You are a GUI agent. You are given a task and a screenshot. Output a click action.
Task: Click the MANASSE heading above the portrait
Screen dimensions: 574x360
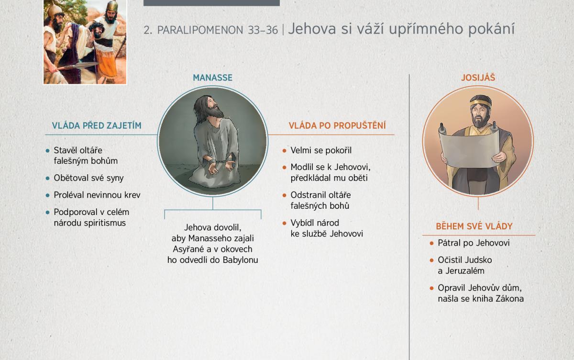tap(212, 78)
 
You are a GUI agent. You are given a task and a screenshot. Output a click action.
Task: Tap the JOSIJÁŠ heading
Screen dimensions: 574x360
tap(478, 78)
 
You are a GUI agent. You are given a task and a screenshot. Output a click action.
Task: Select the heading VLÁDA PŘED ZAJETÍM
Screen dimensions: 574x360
tap(97, 125)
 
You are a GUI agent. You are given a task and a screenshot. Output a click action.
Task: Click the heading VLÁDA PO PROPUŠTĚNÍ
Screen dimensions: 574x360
tap(337, 125)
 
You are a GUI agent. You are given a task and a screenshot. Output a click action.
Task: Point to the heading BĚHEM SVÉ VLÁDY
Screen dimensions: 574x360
tap(474, 226)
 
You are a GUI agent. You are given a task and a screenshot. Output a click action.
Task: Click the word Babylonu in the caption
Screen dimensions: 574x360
tap(240, 260)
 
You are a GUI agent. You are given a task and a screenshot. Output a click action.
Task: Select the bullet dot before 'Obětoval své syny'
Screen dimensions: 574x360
tap(47, 178)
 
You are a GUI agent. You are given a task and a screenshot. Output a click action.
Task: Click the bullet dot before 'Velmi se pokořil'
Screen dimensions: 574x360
tap(284, 150)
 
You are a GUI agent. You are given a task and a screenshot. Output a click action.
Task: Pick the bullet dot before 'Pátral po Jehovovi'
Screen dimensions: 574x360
tap(431, 243)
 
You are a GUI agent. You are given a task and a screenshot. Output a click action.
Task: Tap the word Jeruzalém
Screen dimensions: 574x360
tap(465, 271)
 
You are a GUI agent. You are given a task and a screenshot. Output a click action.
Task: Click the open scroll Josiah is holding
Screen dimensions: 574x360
tap(469, 149)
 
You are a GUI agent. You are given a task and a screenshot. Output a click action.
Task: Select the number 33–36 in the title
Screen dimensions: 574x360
tap(263, 30)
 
